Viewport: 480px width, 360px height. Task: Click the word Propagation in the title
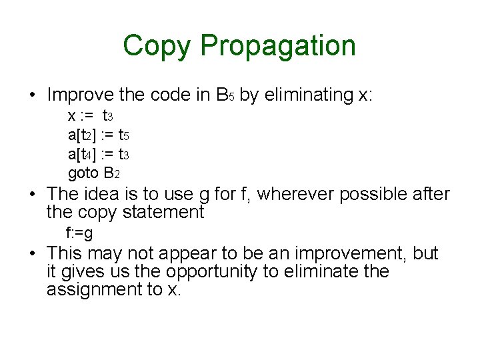[278, 47]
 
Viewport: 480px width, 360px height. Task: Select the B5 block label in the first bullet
[224, 96]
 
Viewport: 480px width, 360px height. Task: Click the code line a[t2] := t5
[98, 136]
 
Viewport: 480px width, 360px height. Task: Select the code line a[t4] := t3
[98, 155]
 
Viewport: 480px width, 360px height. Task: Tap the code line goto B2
[93, 174]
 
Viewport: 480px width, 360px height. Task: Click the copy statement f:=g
[79, 234]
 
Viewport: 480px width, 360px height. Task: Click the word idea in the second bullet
[101, 195]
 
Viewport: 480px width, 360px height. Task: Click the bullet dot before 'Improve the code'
[32, 96]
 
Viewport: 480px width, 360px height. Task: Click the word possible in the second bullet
[364, 195]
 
